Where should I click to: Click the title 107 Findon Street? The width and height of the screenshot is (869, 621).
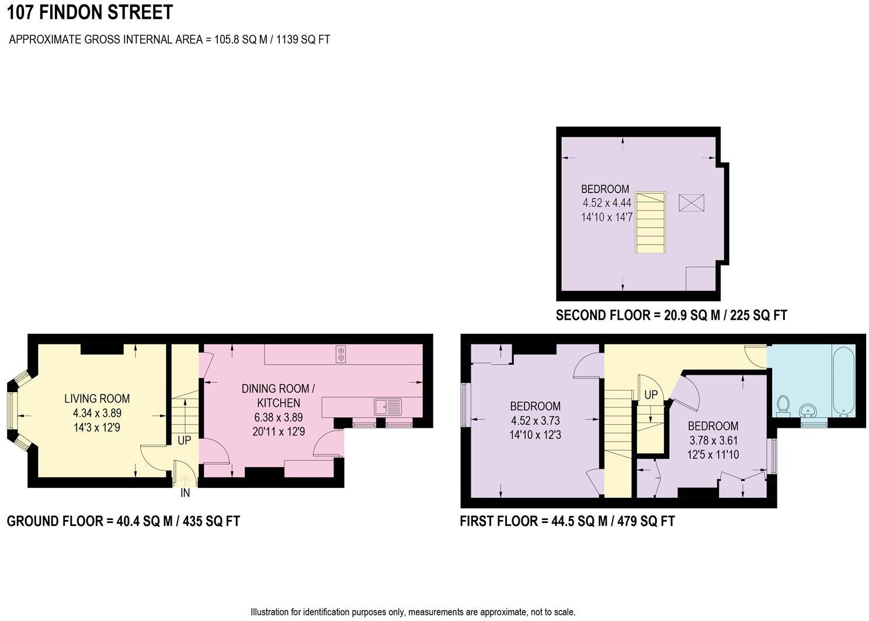90,12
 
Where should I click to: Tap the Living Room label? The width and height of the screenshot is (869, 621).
97,399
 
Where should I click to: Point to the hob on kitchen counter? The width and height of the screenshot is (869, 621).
340,354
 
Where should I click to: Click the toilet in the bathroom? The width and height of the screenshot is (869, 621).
783,404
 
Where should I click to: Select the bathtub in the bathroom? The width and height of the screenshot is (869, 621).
843,381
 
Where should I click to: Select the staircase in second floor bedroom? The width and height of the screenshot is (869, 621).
651,222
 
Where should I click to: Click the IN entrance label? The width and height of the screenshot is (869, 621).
185,493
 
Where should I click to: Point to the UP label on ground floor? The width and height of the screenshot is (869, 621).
184,440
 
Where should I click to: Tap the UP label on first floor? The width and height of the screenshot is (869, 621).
651,395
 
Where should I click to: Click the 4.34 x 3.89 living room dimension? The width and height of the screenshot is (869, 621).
97,413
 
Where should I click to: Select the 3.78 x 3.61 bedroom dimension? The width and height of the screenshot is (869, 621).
713,440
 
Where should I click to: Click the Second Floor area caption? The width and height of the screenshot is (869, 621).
671,316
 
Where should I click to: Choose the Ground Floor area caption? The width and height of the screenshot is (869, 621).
123,521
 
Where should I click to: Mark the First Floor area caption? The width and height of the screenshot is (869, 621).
567,521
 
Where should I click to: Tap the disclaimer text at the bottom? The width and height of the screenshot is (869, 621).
413,612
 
